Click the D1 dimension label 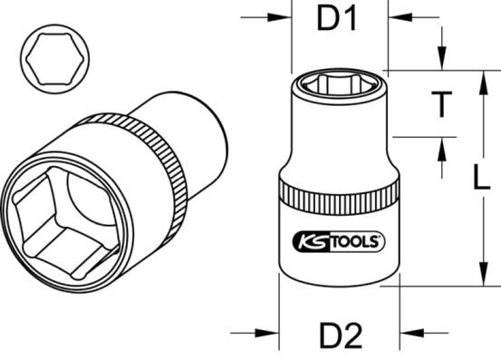point(338,20)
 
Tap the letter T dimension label point(439,105)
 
